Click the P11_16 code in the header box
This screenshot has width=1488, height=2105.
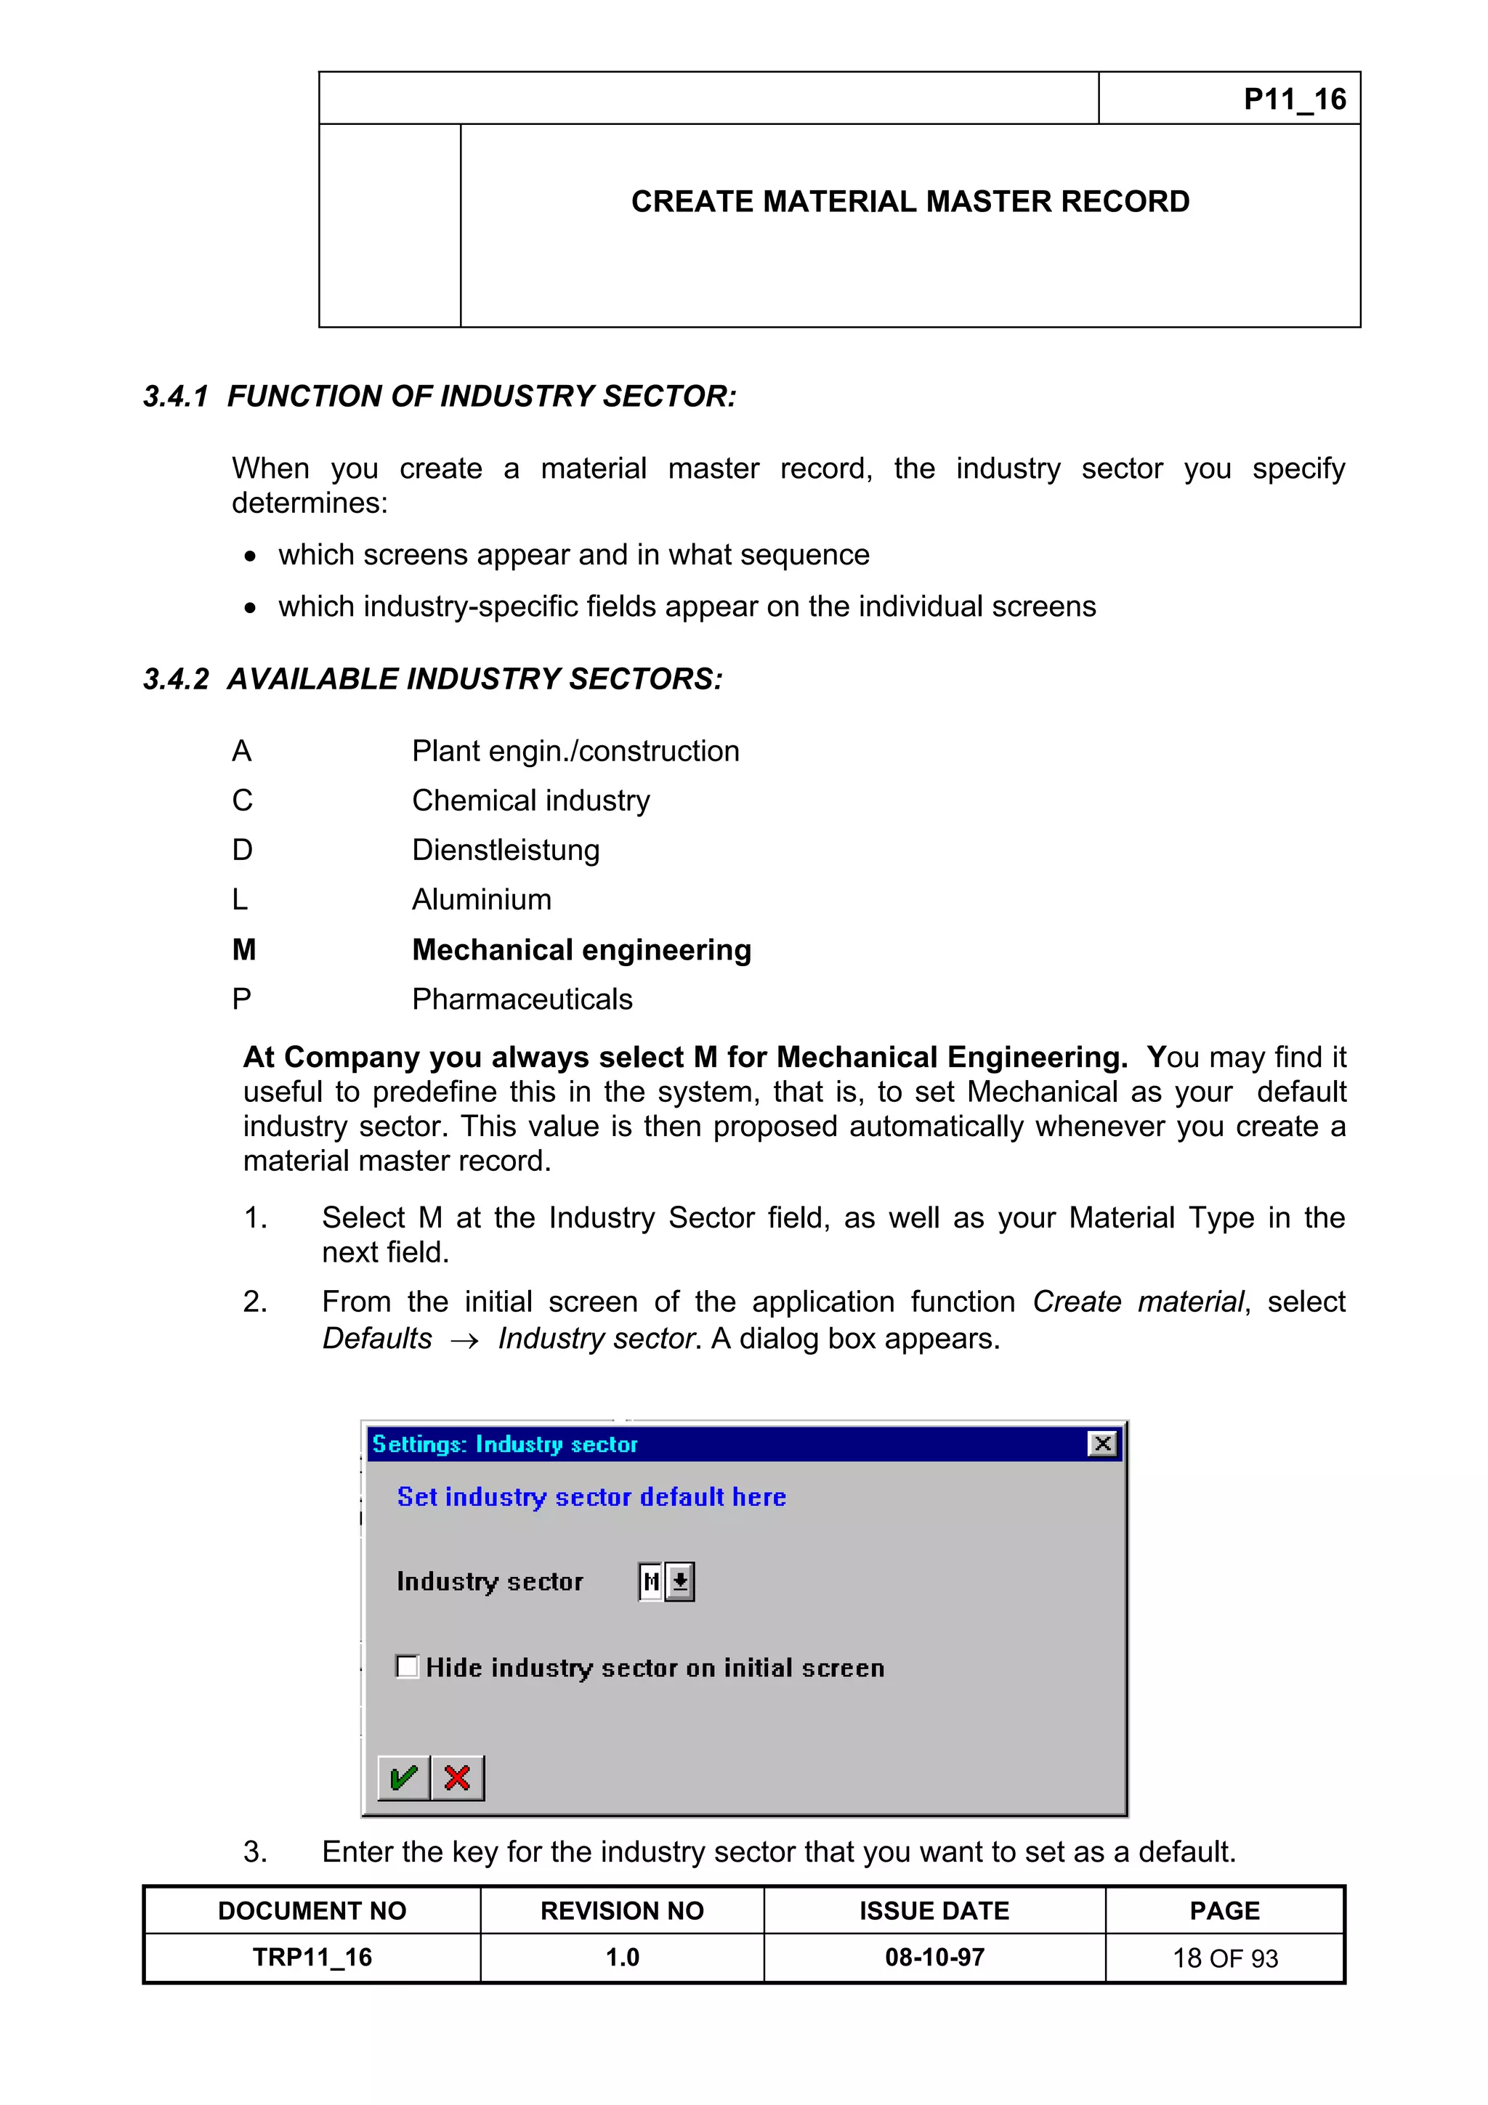coord(1293,99)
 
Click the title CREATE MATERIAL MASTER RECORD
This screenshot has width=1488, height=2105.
coord(910,202)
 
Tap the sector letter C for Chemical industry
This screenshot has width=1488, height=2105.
coord(242,800)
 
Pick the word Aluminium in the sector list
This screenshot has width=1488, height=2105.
coord(481,899)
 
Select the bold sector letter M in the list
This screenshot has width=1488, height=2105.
coord(244,950)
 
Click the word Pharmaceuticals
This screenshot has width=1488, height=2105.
coord(522,999)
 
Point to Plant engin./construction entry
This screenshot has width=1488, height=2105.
coord(575,751)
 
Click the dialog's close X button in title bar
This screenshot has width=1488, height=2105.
coord(1102,1444)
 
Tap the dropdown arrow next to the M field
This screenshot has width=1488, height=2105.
coord(680,1581)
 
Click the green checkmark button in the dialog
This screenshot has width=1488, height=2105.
coord(403,1777)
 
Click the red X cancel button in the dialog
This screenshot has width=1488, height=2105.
coord(458,1777)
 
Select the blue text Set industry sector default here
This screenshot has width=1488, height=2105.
coord(591,1497)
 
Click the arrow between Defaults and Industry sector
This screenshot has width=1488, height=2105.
coord(465,1340)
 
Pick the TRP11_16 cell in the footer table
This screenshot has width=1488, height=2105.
coord(312,1958)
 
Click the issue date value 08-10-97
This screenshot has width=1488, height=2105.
coord(934,1958)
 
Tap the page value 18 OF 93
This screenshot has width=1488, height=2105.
coord(1224,1958)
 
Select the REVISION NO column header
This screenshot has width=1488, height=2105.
coord(622,1910)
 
